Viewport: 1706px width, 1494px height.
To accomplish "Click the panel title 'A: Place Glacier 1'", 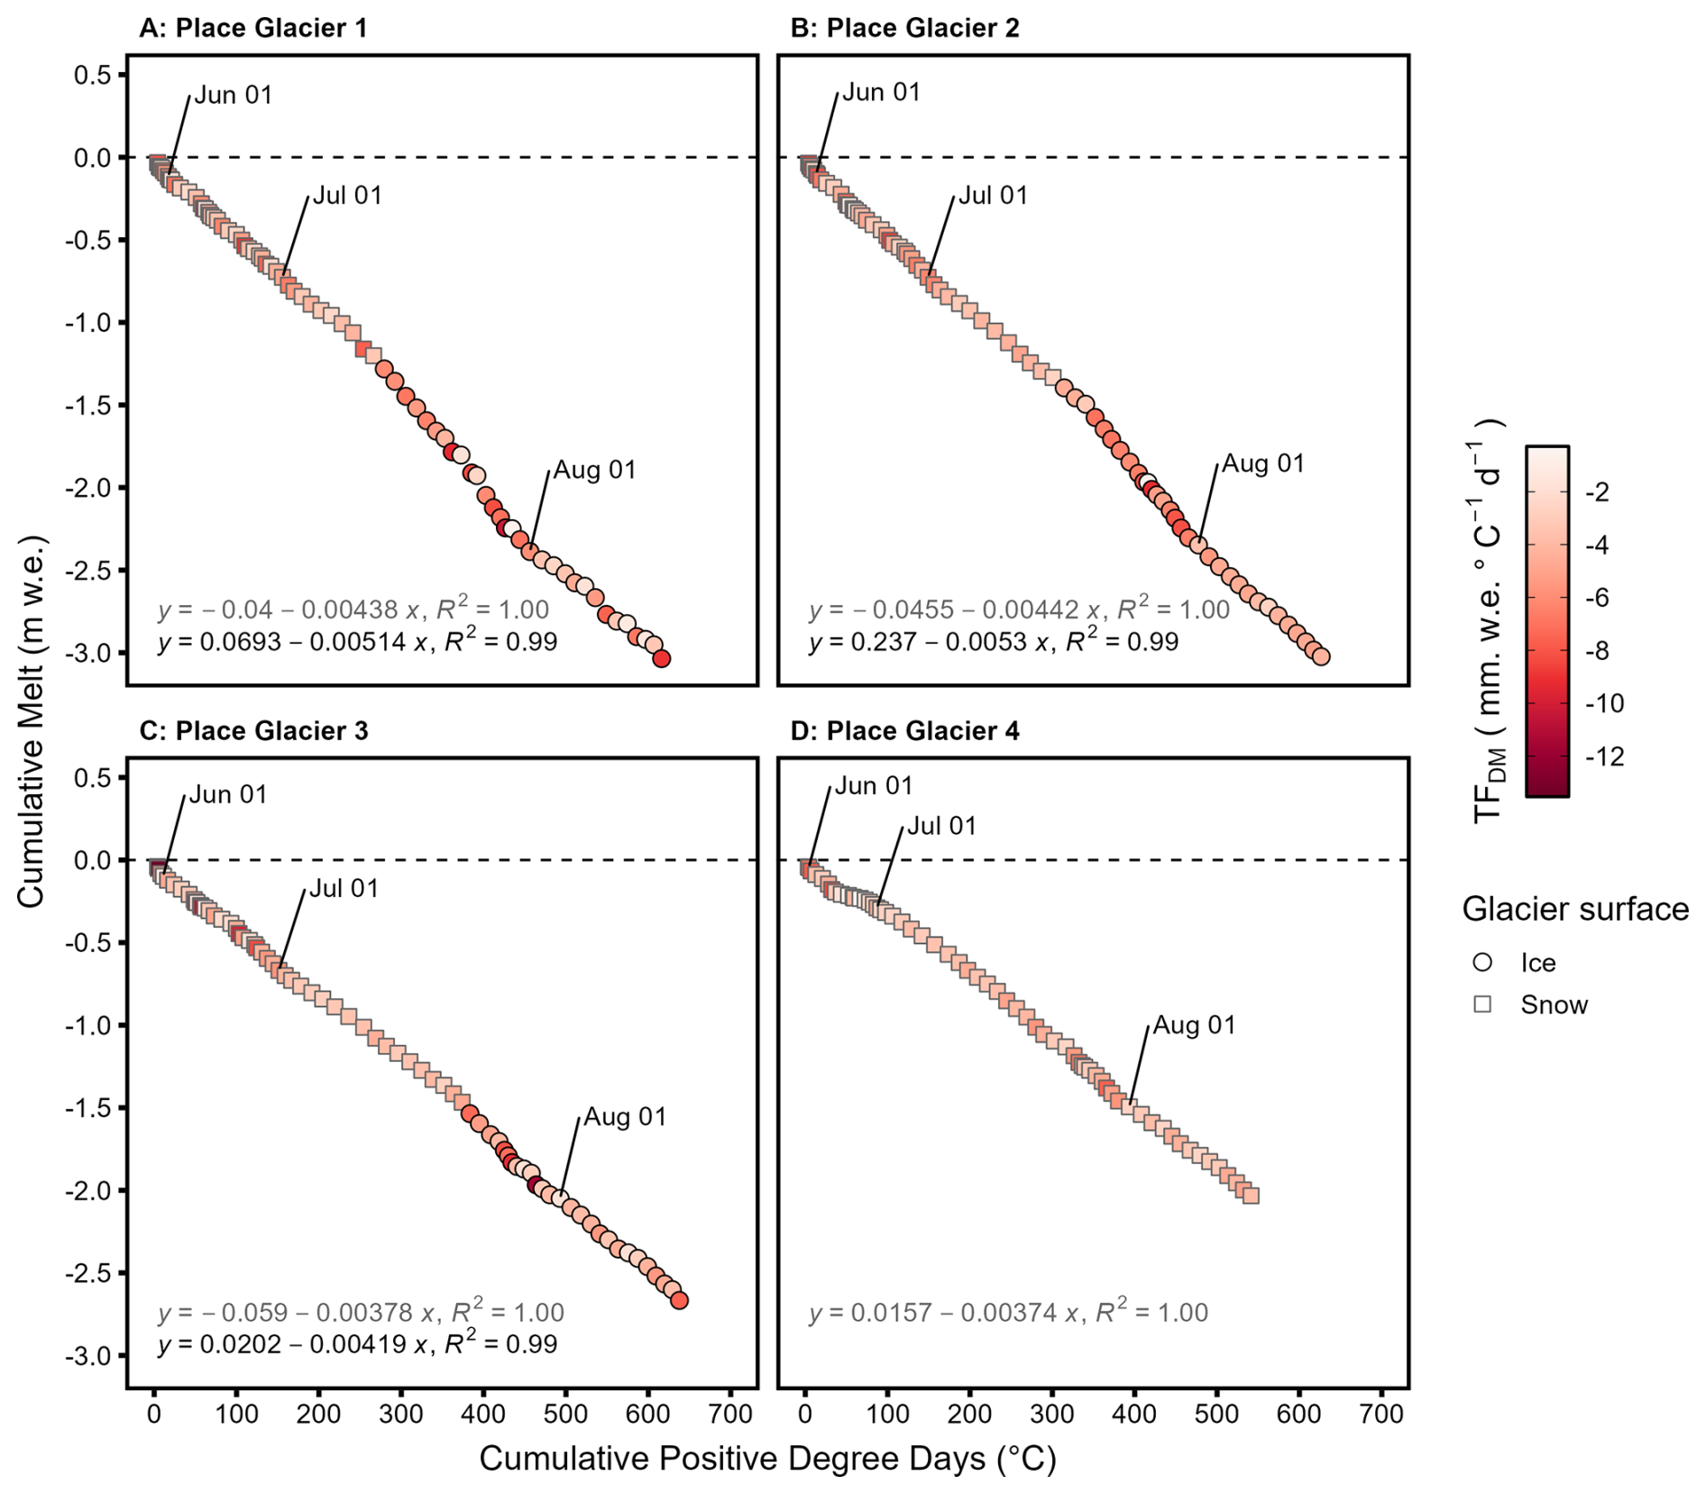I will point(253,28).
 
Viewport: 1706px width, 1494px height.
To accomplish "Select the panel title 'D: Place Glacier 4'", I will point(904,730).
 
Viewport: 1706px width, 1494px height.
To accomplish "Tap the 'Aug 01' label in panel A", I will point(594,470).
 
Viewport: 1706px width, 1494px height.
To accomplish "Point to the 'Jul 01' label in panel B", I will point(992,196).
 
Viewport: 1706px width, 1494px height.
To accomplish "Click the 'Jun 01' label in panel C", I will point(228,794).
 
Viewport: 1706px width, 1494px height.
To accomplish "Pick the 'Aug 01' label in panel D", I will point(1194,1025).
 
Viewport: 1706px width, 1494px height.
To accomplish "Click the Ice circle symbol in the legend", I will point(1482,962).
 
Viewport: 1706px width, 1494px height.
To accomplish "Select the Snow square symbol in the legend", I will point(1482,1004).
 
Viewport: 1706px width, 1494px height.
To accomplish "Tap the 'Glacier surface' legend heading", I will point(1574,909).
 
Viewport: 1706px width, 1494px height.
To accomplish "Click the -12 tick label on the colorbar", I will point(1604,756).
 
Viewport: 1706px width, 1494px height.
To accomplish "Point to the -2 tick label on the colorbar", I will point(1596,492).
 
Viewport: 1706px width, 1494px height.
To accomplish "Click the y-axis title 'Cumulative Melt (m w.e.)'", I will point(31,721).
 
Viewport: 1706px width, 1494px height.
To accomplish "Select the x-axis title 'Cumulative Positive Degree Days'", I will point(766,1458).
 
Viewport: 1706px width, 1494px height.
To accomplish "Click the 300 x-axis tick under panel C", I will point(401,1413).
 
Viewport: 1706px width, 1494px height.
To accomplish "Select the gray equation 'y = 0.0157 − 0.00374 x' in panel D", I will point(1008,1313).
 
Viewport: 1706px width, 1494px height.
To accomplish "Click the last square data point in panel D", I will point(1251,1196).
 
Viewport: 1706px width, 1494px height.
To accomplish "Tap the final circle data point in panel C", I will point(680,1300).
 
